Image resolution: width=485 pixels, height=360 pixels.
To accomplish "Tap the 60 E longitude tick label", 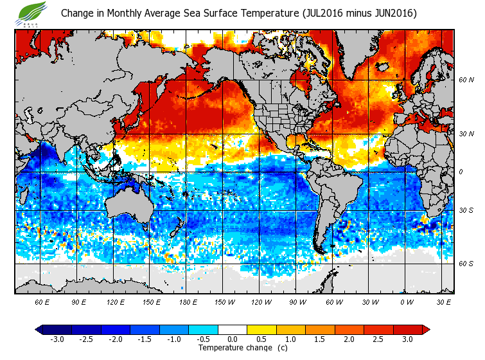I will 42,301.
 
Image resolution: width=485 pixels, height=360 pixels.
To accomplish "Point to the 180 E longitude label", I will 188,301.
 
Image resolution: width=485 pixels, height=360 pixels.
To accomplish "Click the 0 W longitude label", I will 407,301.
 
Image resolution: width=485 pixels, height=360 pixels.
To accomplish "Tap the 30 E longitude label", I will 444,301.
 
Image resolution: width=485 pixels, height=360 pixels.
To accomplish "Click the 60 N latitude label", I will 466,80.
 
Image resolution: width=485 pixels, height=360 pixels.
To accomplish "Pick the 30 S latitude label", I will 466,210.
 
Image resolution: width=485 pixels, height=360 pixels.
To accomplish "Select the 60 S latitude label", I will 466,263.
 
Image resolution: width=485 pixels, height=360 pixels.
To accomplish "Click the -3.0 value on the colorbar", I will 57,339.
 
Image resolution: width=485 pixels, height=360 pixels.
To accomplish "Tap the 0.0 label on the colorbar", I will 232,339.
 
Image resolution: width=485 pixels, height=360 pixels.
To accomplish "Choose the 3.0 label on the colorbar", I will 407,339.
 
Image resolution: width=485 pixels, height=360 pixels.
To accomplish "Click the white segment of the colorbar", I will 232,329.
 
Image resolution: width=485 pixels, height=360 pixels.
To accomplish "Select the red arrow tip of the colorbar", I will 426,329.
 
